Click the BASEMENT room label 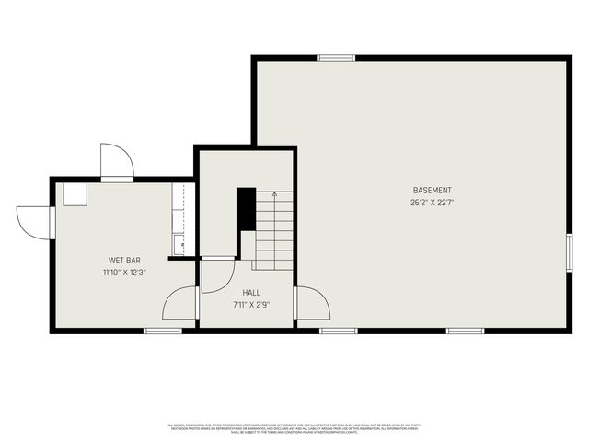[x=432, y=191]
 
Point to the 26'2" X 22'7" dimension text [x=432, y=203]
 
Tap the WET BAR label [x=124, y=261]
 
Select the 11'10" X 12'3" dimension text [x=124, y=273]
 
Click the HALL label [x=251, y=293]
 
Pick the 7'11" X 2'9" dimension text [x=251, y=304]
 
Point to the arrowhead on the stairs [x=273, y=194]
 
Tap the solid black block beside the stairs [x=246, y=209]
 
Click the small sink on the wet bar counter [x=179, y=245]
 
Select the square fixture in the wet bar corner [x=75, y=193]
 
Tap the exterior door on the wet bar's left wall [x=35, y=222]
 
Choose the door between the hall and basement [x=311, y=304]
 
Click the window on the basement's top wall [x=336, y=58]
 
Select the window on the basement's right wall [x=570, y=252]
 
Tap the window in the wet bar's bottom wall [x=163, y=331]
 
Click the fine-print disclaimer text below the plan [x=294, y=428]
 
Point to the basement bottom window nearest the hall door [x=339, y=331]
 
